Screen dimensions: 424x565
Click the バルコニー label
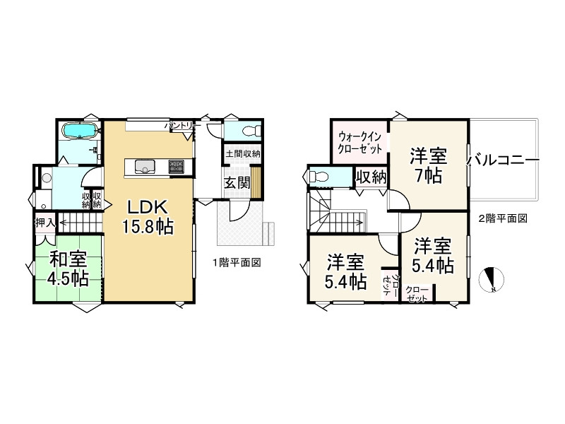(504, 160)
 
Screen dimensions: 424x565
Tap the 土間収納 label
(242, 153)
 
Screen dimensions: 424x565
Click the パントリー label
(179, 125)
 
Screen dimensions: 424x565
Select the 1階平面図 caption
(237, 262)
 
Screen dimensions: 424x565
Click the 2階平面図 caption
(503, 218)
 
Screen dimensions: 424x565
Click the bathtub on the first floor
(79, 131)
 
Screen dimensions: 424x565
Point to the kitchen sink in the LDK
(145, 167)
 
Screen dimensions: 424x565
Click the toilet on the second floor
(318, 176)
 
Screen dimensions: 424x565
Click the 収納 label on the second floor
(370, 177)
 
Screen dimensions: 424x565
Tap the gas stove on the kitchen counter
(175, 167)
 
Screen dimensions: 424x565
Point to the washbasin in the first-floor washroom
(47, 178)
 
